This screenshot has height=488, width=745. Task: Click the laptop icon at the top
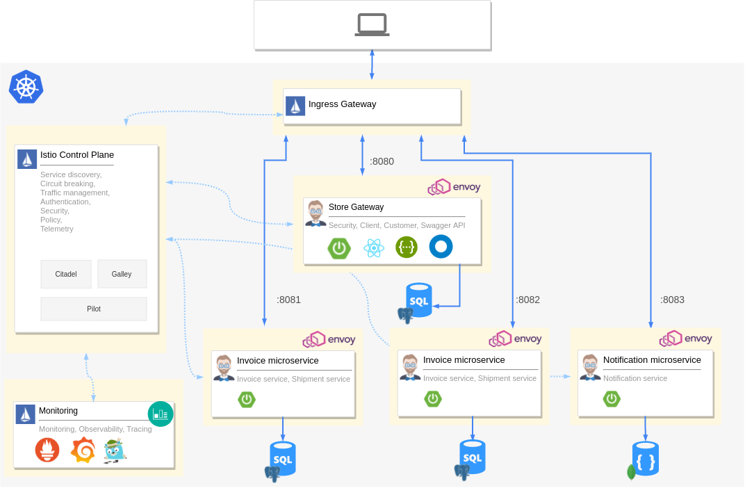372,25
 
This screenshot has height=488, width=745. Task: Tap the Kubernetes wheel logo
26,88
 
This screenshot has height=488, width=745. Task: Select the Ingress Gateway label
342,104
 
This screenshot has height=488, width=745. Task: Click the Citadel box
66,274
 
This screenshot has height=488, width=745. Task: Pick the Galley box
122,274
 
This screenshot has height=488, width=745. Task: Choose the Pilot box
94,309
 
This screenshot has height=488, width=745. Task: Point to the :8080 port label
382,161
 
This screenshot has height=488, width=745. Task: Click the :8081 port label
288,300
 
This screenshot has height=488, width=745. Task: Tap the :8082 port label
527,300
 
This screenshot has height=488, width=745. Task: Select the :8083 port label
672,300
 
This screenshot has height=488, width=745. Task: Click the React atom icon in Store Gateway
374,247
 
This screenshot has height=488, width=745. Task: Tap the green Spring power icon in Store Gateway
339,247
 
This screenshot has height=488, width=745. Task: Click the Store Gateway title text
356,207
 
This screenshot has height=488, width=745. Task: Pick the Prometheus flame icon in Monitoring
47,450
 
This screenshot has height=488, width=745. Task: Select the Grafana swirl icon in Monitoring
83,450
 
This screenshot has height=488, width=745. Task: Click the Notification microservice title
652,360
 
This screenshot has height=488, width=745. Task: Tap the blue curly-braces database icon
646,458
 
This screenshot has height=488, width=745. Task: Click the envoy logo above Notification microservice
686,339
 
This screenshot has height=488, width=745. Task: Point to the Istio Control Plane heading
76,155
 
